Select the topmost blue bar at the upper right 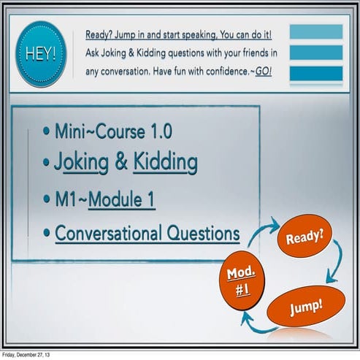(315, 31)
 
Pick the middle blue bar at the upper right (315, 53)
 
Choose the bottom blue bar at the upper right (315, 73)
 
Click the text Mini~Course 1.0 (112, 132)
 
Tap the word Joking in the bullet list (82, 163)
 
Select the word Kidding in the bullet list (165, 163)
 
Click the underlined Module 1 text (121, 199)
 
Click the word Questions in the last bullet (204, 234)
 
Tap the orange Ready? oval (305, 237)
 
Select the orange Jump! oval (305, 307)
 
